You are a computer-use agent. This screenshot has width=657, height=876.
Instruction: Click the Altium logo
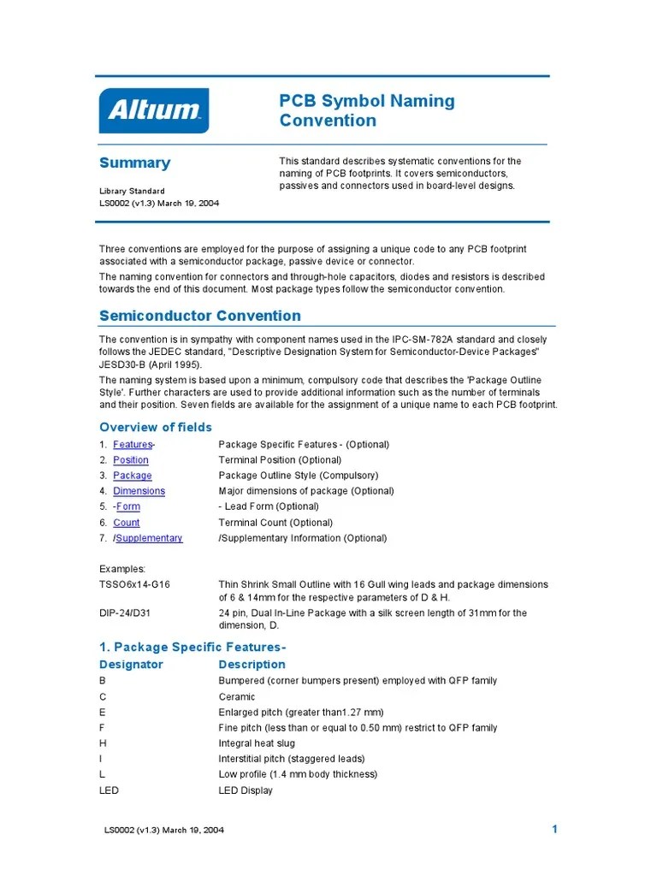(x=154, y=110)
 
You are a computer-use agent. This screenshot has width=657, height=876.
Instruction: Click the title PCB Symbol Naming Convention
(x=367, y=110)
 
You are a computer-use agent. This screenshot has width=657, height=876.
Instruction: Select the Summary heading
(x=134, y=163)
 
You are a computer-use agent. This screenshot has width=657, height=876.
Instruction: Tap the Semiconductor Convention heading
(x=199, y=316)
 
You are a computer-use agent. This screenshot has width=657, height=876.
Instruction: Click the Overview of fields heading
(x=155, y=427)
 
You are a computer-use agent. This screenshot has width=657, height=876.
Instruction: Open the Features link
(x=133, y=445)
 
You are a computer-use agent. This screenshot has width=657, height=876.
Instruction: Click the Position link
(x=131, y=460)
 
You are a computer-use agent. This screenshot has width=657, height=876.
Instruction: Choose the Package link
(x=133, y=476)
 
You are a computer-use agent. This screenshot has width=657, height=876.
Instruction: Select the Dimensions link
(x=139, y=491)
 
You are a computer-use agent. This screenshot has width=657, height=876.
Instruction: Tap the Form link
(x=128, y=506)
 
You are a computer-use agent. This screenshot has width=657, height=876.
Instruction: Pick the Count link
(x=127, y=523)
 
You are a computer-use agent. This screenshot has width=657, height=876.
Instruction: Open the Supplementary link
(x=149, y=538)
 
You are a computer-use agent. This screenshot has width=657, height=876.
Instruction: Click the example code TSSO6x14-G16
(x=134, y=584)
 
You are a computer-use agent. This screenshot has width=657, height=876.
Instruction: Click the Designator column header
(x=131, y=665)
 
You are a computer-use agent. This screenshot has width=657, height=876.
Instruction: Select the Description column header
(x=252, y=665)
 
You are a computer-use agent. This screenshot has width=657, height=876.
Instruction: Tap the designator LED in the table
(x=109, y=790)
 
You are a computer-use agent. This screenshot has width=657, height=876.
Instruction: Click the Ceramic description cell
(x=237, y=696)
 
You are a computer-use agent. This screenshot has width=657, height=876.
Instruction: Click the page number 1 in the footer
(x=554, y=829)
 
